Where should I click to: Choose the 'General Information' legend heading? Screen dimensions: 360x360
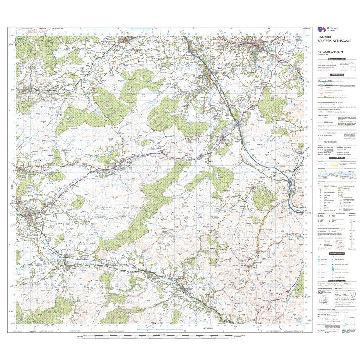[337, 157]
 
